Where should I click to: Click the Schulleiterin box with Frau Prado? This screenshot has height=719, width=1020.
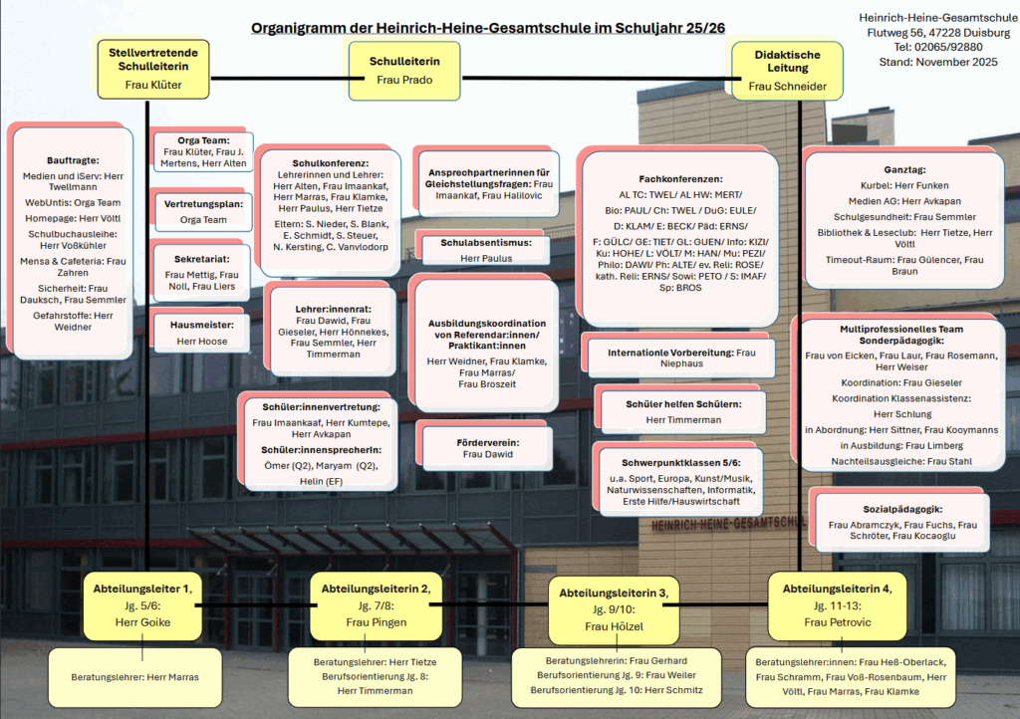(x=404, y=70)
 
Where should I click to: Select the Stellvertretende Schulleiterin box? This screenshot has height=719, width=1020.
(x=153, y=68)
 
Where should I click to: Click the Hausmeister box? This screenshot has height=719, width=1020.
(x=201, y=333)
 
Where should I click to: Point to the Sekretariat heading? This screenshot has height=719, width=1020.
(x=201, y=258)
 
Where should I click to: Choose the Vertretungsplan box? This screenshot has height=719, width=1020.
(x=203, y=211)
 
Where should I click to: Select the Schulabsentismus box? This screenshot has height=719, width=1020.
(x=486, y=250)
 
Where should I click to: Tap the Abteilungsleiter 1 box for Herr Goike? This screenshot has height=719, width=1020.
(x=143, y=605)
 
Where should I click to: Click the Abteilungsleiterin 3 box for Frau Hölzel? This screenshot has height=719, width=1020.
(x=613, y=608)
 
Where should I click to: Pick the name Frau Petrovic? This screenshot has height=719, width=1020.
(x=838, y=622)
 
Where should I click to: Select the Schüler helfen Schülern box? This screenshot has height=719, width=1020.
(x=683, y=411)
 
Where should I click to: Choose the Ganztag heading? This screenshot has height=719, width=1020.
(x=904, y=170)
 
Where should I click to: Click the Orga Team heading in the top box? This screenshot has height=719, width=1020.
(x=203, y=140)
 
